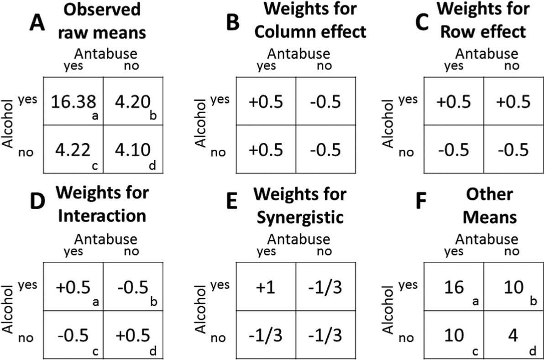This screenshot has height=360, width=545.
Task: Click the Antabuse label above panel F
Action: tap(486, 239)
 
